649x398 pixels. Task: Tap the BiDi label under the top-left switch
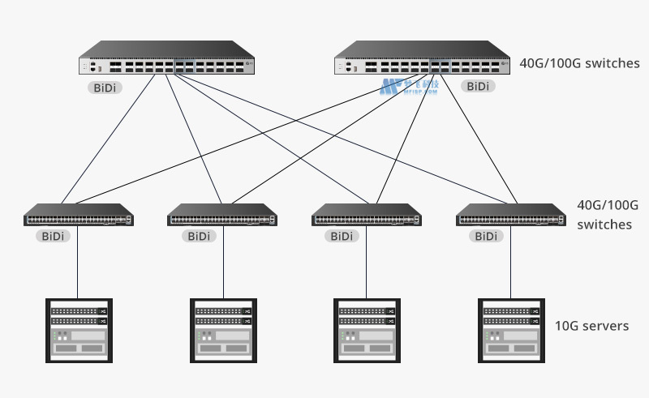104,86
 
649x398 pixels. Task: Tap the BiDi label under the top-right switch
478,86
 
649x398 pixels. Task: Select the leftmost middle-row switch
78,216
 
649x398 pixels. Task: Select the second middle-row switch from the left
221,216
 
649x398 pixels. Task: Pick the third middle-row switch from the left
366,216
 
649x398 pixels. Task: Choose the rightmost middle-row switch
510,216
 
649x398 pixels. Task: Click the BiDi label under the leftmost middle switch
54,237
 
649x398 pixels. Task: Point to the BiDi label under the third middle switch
342,237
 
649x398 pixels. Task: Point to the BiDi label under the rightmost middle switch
486,237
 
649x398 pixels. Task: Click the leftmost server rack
78,330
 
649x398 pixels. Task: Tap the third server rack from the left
366,330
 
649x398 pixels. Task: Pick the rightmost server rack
510,330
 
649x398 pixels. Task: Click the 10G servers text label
591,326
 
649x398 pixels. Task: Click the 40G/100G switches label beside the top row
579,62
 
